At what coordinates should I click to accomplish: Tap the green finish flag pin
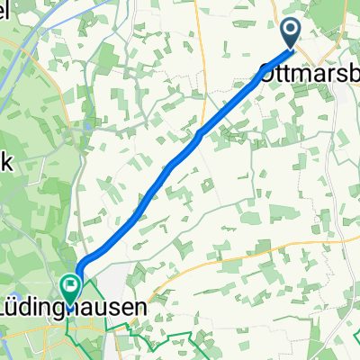[69, 287]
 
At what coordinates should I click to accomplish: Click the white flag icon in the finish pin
[69, 285]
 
